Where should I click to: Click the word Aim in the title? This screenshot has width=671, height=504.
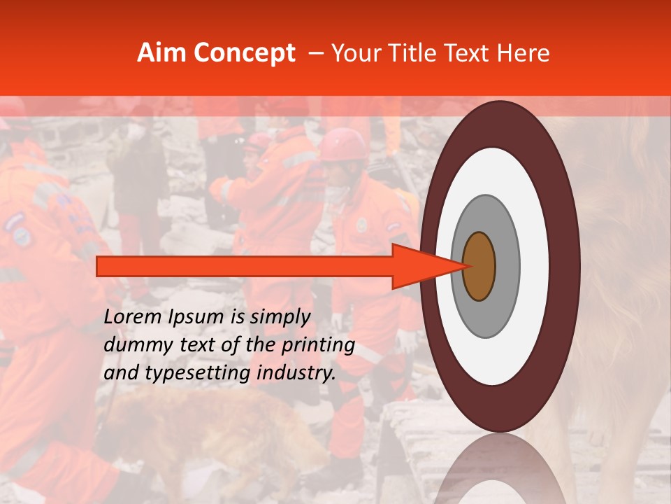tap(161, 53)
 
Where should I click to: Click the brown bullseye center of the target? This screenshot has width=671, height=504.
tap(479, 266)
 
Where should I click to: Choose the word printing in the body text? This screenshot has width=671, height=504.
tap(319, 346)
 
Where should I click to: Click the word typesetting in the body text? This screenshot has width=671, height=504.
tap(196, 374)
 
